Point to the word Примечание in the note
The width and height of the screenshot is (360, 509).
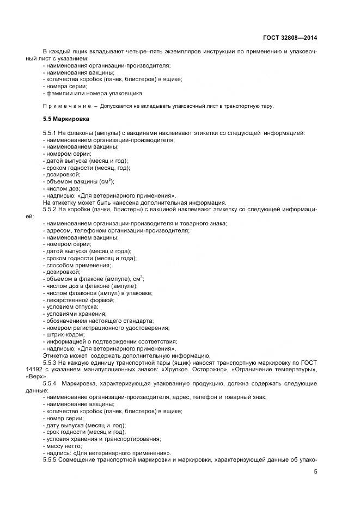pyautogui.click(x=63, y=106)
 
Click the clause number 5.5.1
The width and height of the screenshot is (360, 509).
pyautogui.click(x=50, y=133)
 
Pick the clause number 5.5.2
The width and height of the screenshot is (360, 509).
pyautogui.click(x=50, y=209)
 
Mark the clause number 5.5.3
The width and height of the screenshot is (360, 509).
pyautogui.click(x=50, y=361)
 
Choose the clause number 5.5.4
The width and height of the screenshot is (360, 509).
pyautogui.click(x=50, y=383)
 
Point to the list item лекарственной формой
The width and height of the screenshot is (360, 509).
pyautogui.click(x=81, y=300)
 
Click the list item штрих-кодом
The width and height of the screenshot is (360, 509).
pyautogui.click(x=64, y=334)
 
